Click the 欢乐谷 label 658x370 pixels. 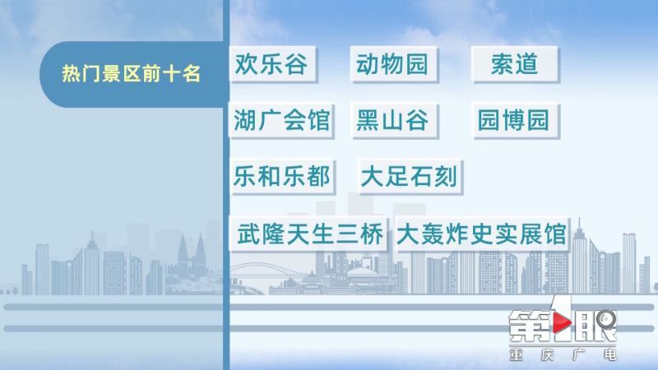coord(272,64)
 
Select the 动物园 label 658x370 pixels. coord(393,64)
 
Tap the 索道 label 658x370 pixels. coord(515,64)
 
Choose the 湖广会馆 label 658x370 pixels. coord(281,120)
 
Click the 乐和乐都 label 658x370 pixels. coord(281,176)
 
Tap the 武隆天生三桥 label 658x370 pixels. coord(309,234)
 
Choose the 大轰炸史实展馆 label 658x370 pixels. coord(481,234)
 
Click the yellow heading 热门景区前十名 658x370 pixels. coord(131,74)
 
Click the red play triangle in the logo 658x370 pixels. coord(562,323)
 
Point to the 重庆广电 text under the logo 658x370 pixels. coord(563,355)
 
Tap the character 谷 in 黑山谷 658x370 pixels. coord(417,120)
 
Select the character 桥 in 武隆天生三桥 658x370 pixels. coord(372,234)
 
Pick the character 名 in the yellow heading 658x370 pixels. coord(192,74)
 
